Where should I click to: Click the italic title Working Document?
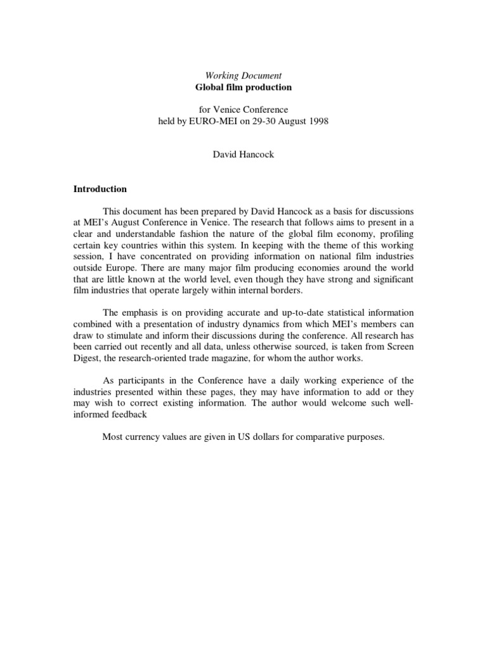[x=243, y=75]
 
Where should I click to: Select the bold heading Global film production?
[x=243, y=87]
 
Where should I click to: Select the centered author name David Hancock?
[x=243, y=155]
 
